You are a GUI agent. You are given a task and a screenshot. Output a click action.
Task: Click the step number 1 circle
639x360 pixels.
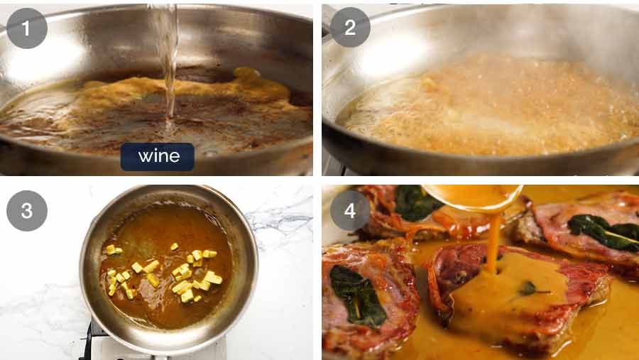tap(27, 28)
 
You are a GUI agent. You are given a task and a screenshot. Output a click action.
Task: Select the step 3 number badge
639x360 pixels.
tap(27, 211)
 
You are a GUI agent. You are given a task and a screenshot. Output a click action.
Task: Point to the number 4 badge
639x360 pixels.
tap(350, 210)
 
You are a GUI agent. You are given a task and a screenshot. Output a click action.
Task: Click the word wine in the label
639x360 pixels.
tap(157, 156)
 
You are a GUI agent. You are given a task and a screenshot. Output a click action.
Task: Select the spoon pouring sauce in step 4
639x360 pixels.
tap(472, 195)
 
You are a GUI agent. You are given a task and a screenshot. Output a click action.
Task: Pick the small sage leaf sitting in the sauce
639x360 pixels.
tap(527, 288)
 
